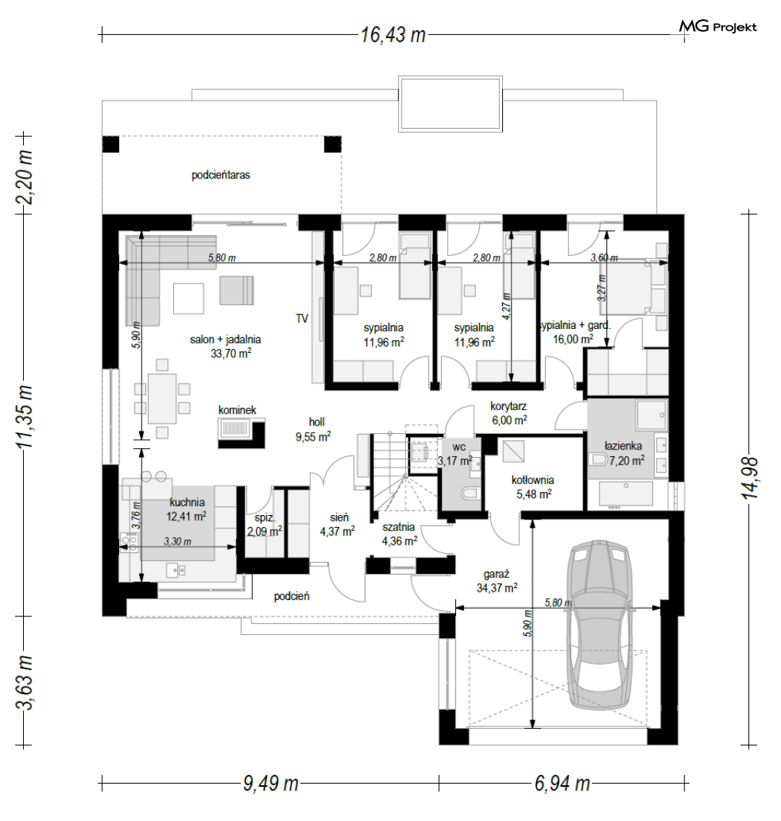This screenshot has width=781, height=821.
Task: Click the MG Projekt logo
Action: click(718, 26)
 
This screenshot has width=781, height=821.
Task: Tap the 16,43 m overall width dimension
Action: click(393, 35)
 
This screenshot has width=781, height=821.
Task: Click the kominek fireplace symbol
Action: click(241, 432)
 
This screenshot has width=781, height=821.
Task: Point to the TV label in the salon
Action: click(302, 319)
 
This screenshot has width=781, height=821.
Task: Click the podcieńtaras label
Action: click(221, 175)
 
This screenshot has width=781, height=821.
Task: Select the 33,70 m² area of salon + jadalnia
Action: click(231, 354)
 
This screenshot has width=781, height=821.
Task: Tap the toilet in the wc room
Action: click(470, 493)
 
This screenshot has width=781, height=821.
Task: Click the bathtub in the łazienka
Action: click(626, 494)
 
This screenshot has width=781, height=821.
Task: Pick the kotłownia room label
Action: click(533, 479)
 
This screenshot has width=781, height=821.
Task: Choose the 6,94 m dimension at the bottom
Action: click(562, 784)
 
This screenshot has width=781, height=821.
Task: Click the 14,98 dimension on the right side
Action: click(751, 478)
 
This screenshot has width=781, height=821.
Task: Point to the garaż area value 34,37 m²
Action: click(497, 588)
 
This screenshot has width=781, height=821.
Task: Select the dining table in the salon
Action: click(162, 398)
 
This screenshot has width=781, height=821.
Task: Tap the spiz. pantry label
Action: click(265, 518)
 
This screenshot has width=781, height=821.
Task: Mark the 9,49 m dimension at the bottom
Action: click(271, 784)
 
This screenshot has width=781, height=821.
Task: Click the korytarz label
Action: click(509, 406)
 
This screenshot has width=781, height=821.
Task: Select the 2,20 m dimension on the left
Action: click(24, 177)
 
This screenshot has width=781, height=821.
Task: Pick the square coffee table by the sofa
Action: click(189, 298)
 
